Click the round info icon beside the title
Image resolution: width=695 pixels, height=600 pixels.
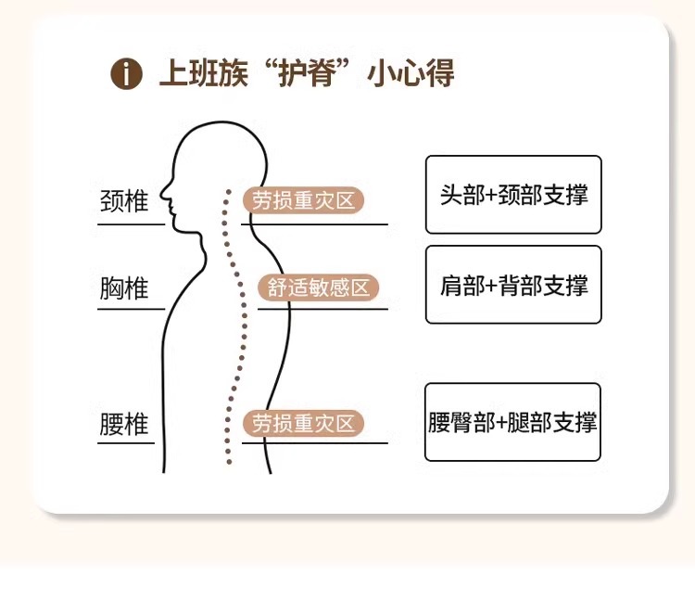(x=126, y=73)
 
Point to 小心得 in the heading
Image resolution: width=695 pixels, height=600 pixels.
(x=412, y=73)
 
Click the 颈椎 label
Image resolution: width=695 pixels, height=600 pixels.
(x=123, y=201)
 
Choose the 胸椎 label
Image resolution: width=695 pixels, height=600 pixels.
(x=123, y=287)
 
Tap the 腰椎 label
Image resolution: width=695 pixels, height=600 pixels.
(x=123, y=425)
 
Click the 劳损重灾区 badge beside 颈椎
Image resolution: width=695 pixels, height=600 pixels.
(x=304, y=199)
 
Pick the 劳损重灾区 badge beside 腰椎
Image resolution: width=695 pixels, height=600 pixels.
(x=304, y=424)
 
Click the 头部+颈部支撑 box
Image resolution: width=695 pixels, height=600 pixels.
(x=513, y=195)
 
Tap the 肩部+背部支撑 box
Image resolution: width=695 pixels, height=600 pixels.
(x=513, y=285)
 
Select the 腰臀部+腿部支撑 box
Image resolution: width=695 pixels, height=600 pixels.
(x=512, y=422)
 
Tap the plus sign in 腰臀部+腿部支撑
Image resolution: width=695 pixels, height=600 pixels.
(x=501, y=423)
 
